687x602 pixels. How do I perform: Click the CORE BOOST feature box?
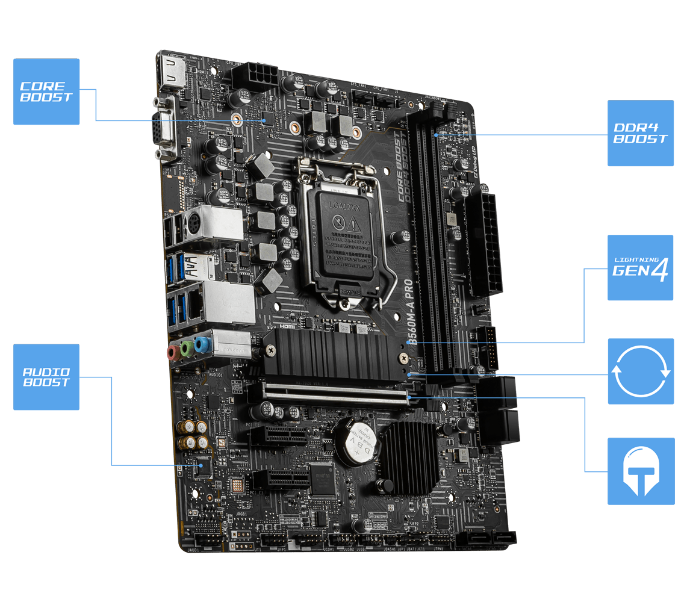[46, 92]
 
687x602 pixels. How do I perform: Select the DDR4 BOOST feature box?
[640, 133]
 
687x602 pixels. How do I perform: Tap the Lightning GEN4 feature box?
[640, 268]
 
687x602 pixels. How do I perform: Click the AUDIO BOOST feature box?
[46, 377]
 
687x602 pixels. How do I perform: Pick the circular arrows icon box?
[640, 371]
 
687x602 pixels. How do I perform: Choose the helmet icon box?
[640, 471]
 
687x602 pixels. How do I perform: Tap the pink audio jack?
[173, 352]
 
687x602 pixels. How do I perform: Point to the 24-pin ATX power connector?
[485, 244]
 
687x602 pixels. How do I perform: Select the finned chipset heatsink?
[409, 448]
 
